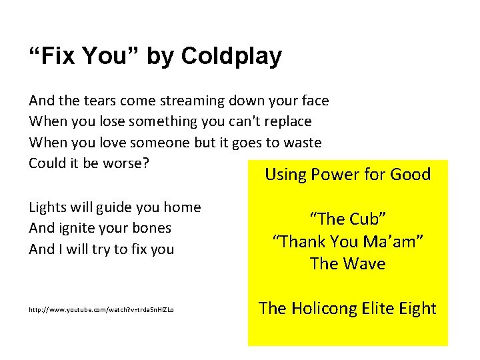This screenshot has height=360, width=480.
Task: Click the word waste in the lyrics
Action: [x=301, y=143]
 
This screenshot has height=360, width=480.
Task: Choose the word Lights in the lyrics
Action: [x=47, y=207]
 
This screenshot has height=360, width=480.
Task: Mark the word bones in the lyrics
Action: [x=151, y=228]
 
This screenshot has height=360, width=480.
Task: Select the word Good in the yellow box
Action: [x=410, y=175]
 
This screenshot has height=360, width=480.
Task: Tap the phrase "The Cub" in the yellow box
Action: [x=348, y=219]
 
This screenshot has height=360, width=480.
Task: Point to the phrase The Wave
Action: [x=348, y=264]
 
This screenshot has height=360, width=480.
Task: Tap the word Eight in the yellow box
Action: [x=419, y=309]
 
